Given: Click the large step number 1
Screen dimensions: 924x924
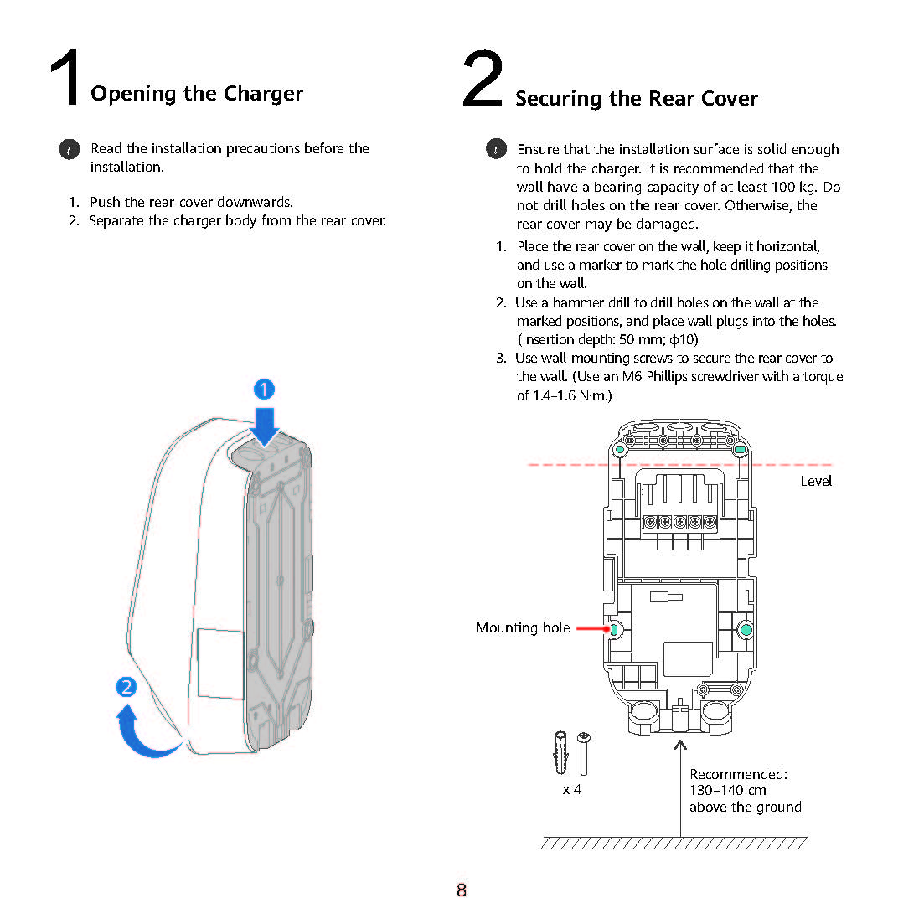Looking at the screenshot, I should click(x=65, y=78).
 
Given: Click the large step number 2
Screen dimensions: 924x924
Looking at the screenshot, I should click(x=483, y=80).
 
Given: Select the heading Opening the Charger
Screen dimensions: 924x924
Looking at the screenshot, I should click(x=197, y=93).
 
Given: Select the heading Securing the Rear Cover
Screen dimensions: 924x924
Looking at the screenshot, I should click(x=637, y=99).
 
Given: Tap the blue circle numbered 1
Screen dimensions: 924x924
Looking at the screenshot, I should click(x=264, y=390).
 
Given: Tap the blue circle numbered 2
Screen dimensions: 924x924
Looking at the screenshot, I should click(x=126, y=687).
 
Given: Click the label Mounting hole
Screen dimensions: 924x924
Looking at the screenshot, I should click(x=523, y=627).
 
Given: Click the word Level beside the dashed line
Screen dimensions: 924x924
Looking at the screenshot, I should click(x=815, y=481).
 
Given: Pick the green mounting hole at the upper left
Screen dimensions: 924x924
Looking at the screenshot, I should click(x=620, y=450).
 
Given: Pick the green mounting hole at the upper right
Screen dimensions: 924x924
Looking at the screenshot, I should click(x=741, y=450).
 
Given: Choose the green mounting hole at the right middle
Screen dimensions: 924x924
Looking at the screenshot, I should click(x=746, y=629).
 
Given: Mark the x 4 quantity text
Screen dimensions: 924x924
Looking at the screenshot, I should click(x=572, y=789).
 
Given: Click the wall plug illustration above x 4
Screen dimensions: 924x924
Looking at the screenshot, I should click(x=560, y=753).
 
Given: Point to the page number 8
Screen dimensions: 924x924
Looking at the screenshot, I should click(x=462, y=890).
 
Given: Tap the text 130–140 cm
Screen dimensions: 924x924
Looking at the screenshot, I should click(x=727, y=790).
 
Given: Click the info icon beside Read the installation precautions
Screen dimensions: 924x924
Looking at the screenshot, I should click(x=70, y=149).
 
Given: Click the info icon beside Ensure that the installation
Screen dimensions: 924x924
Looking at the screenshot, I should click(x=496, y=149).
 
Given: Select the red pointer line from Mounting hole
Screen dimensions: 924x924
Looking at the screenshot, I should click(x=592, y=628).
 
